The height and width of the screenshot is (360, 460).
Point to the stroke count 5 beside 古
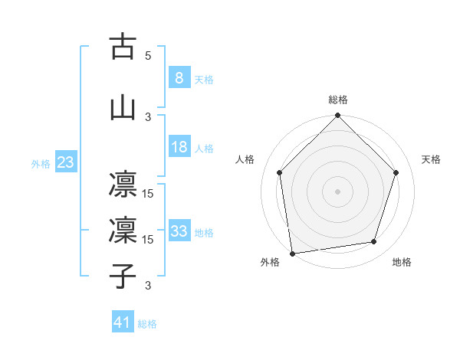(x=148, y=56)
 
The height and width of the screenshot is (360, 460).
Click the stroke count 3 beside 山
(x=148, y=116)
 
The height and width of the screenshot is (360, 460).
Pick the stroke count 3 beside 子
(x=148, y=286)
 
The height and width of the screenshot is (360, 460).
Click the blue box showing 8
(x=179, y=77)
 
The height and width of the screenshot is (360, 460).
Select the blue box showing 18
(x=179, y=147)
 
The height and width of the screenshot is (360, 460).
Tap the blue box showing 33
(x=179, y=231)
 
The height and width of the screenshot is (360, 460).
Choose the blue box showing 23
(x=64, y=162)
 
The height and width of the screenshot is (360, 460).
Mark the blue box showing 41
(x=122, y=322)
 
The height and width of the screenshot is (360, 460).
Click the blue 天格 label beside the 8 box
(x=203, y=79)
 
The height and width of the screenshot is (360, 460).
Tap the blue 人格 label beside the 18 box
(x=203, y=149)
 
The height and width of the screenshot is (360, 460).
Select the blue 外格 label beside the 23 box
(x=41, y=164)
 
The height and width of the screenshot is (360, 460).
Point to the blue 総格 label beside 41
(x=147, y=324)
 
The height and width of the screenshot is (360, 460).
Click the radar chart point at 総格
(x=337, y=116)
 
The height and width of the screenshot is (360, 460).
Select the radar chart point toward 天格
(x=396, y=172)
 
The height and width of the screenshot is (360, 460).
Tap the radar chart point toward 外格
(x=292, y=253)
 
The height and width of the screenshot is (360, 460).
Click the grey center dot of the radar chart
(x=337, y=191)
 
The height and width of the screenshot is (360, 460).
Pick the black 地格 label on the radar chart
(x=402, y=262)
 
